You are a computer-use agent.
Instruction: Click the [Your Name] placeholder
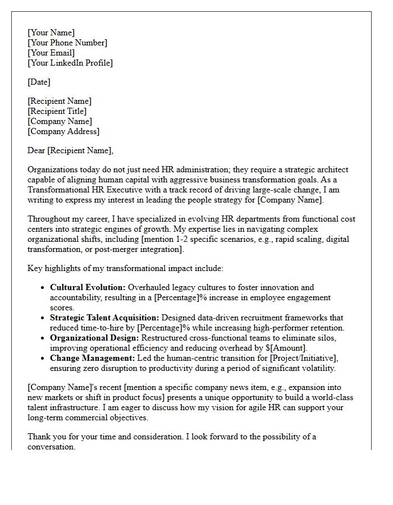coord(51,33)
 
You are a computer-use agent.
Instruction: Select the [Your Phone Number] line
coord(67,43)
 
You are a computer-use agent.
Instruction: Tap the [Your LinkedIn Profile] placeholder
coord(70,63)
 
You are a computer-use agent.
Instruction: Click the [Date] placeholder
coord(39,82)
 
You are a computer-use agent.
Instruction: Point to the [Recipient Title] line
coord(57,111)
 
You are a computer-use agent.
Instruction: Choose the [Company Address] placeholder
coord(63,131)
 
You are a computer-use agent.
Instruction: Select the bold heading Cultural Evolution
coord(88,287)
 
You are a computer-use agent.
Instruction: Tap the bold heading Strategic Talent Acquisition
coord(104,318)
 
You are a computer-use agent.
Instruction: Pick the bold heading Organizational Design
coord(94,338)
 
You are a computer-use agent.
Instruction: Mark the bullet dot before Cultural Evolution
coord(43,288)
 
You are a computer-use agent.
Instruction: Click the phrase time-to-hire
coord(110,328)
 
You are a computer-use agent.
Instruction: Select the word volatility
coord(318,368)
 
